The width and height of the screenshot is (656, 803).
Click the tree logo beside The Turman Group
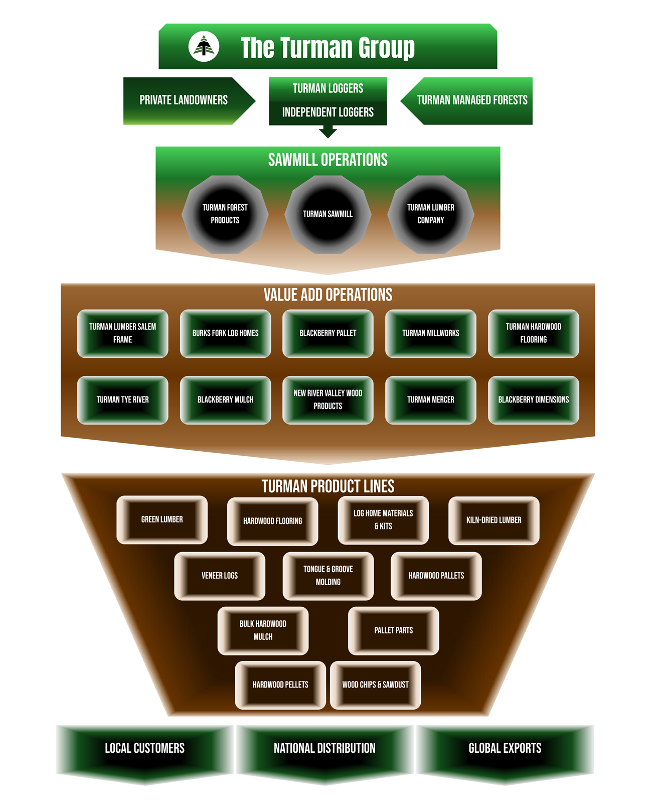[x=204, y=47]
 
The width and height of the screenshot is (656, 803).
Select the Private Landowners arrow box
[x=184, y=100]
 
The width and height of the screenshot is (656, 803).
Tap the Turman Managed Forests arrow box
[x=471, y=100]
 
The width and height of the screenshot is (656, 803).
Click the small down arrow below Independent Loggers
[x=328, y=131]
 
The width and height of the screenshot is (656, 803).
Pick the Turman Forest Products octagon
[x=225, y=214]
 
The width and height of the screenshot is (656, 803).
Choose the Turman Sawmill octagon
[x=328, y=214]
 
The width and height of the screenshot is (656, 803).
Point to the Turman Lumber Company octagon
[x=431, y=214]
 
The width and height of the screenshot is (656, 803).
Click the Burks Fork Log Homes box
[x=225, y=333]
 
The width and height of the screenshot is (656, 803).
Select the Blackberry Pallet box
[x=328, y=333]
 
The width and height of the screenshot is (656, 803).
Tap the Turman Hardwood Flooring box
[x=533, y=333]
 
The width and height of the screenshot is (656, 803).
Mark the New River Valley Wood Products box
[x=328, y=400]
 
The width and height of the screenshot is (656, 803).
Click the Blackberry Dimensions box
[x=533, y=400]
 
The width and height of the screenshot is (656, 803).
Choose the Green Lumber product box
[x=162, y=519]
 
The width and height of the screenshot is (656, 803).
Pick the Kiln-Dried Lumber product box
[x=494, y=520]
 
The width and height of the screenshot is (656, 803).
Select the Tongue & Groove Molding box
[x=328, y=576]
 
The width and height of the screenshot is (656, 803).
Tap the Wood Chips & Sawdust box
[x=375, y=685]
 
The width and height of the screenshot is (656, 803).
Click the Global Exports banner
[x=505, y=749]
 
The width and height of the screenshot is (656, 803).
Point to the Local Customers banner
[x=144, y=749]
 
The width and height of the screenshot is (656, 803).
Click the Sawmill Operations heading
[x=328, y=160]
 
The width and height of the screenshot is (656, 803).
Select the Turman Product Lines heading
[x=328, y=486]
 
